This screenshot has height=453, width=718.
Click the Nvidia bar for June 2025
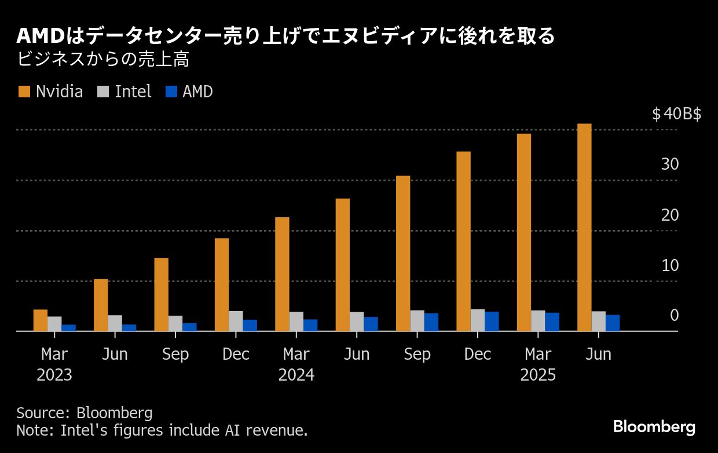pyautogui.click(x=584, y=227)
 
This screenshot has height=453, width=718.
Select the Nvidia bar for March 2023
pyautogui.click(x=41, y=320)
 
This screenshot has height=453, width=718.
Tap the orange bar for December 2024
pyautogui.click(x=463, y=241)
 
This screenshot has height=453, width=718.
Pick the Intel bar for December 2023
pyautogui.click(x=236, y=321)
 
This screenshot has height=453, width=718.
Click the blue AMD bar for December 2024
pyautogui.click(x=492, y=322)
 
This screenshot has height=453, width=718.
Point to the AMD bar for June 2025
pyautogui.click(x=613, y=323)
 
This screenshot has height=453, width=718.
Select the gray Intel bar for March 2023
pyautogui.click(x=54, y=324)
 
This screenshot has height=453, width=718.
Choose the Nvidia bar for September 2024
pyautogui.click(x=403, y=253)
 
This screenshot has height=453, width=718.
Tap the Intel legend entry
pyautogui.click(x=124, y=92)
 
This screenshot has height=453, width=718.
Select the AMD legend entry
pyautogui.click(x=189, y=92)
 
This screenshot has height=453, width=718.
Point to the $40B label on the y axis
pyautogui.click(x=676, y=114)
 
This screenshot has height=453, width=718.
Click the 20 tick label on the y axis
pyautogui.click(x=669, y=215)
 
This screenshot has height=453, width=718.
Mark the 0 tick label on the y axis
pyautogui.click(x=674, y=316)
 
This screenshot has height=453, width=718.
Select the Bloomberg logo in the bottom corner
pyautogui.click(x=654, y=428)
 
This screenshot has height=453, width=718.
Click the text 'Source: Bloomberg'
pyautogui.click(x=85, y=413)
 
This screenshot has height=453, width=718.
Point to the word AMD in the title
pyautogui.click(x=38, y=36)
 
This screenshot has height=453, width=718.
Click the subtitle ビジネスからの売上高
pyautogui.click(x=104, y=59)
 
